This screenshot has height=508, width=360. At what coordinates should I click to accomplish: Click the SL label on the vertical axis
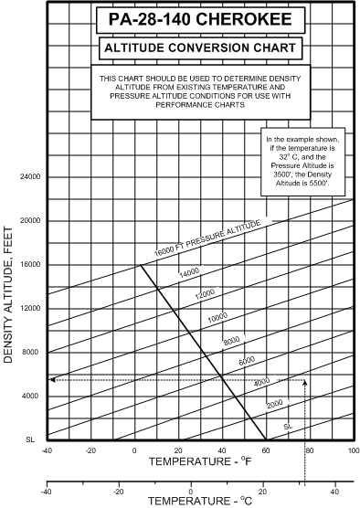[30, 439]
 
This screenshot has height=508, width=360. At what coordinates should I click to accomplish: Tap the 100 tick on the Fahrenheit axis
[352, 450]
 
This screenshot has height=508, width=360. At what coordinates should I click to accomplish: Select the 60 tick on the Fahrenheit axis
[265, 450]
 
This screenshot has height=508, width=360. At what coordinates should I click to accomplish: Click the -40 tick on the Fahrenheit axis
[47, 450]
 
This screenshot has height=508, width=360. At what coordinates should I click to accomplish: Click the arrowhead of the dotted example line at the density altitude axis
[52, 379]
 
